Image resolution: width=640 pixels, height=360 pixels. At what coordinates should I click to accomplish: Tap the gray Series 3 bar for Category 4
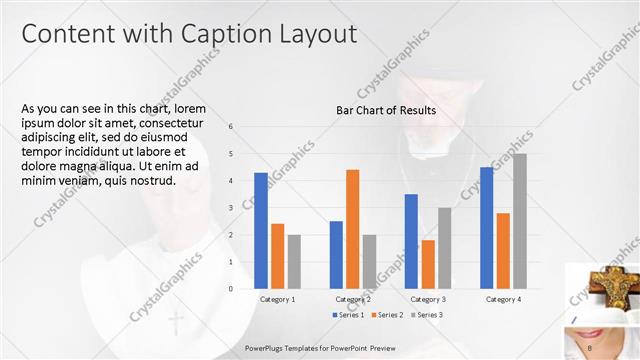[x=519, y=221]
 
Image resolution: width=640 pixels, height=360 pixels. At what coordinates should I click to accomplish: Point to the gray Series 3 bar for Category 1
[x=293, y=262]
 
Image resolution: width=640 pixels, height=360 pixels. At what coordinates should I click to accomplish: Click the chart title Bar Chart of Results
[x=385, y=110]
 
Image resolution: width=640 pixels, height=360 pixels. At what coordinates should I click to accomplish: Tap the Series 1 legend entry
[x=347, y=315]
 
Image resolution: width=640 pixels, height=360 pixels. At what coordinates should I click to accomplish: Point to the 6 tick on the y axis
[x=231, y=127]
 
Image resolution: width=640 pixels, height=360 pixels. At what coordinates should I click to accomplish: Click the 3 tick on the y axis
[x=231, y=208]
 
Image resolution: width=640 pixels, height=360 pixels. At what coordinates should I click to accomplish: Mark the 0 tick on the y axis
[x=231, y=289]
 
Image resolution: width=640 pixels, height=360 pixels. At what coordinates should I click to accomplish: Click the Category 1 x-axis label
[x=277, y=299]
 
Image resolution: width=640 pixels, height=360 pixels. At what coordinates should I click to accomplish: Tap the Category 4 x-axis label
[x=503, y=299]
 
